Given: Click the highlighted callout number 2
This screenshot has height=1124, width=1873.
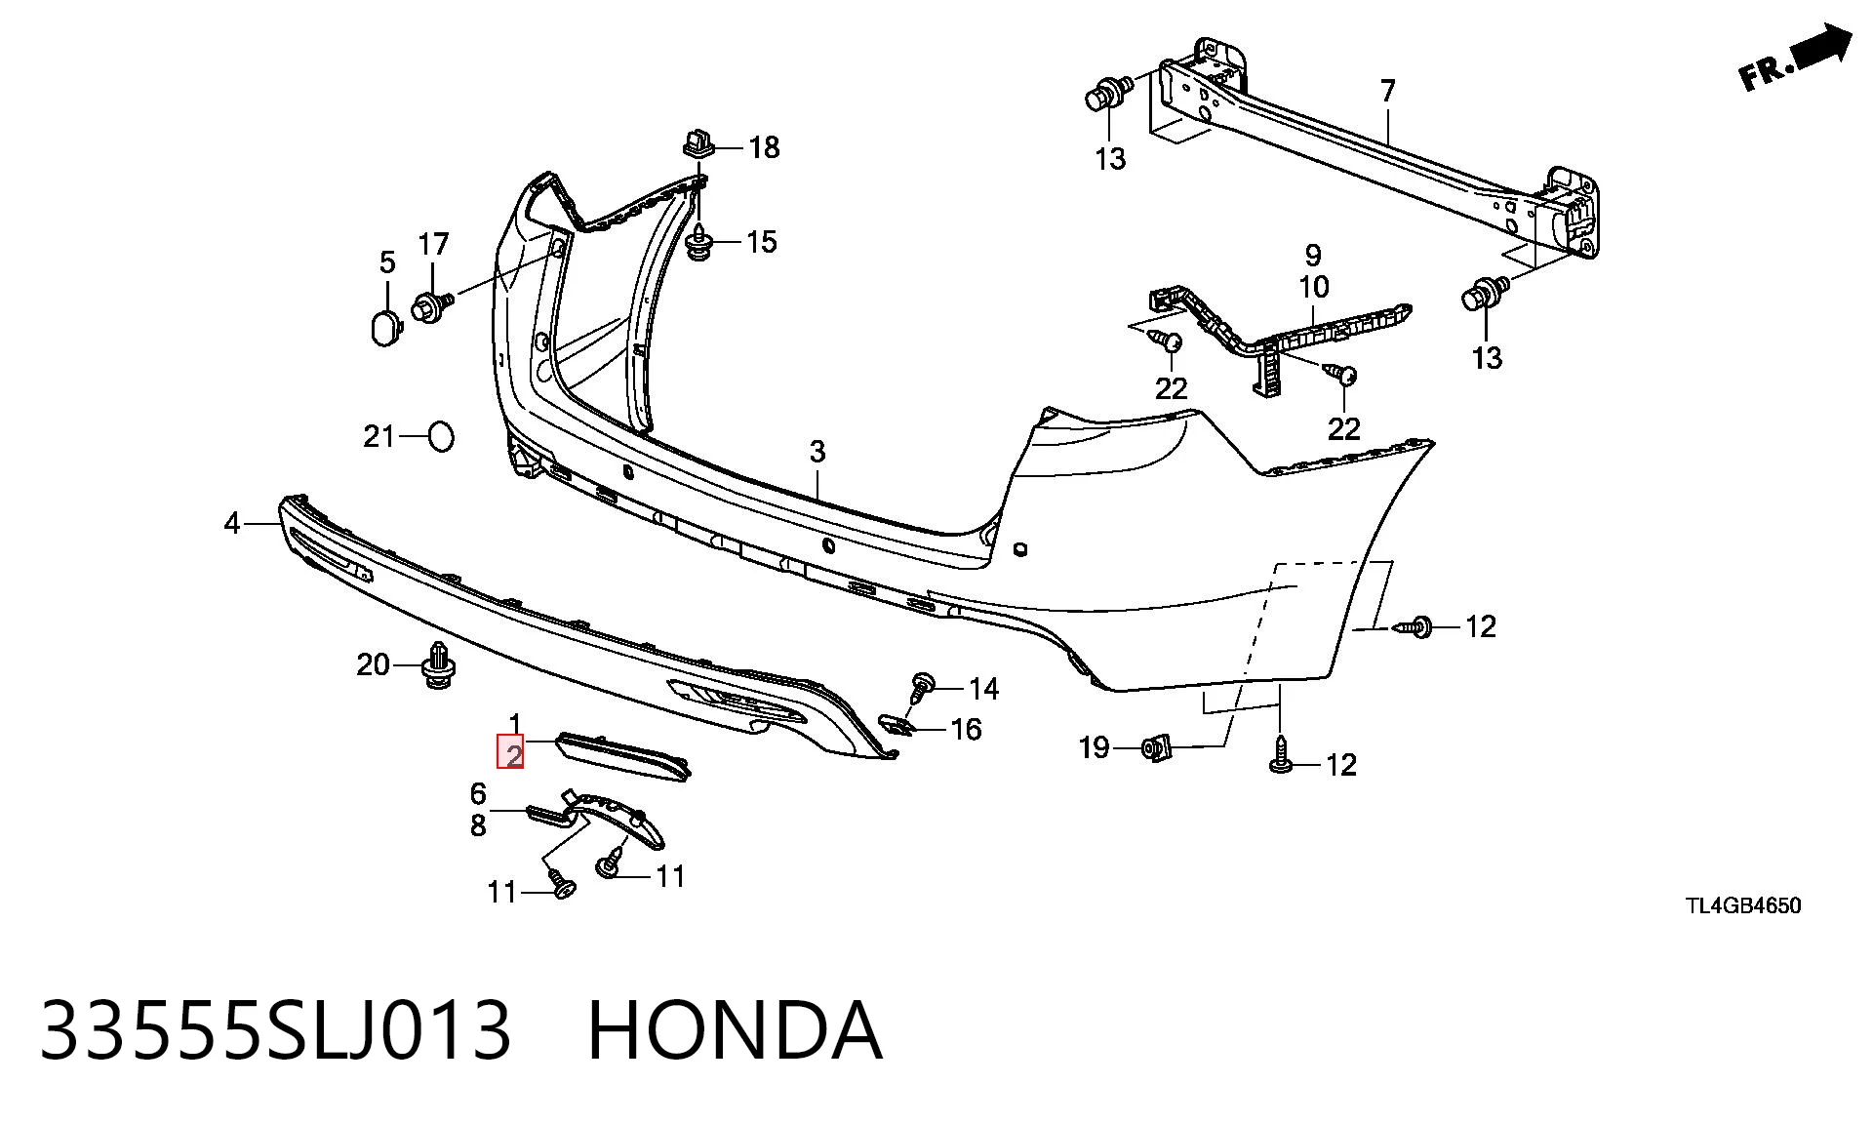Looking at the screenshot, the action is click(x=511, y=751).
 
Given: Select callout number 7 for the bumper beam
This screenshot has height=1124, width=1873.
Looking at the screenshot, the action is click(x=1388, y=92).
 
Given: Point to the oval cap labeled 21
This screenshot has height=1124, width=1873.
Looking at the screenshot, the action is click(x=441, y=436).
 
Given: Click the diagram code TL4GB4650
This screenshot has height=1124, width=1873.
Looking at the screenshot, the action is click(x=1743, y=905).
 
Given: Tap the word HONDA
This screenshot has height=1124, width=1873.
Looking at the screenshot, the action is click(x=735, y=1031).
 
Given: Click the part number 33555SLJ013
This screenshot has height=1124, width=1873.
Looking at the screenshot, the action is click(x=275, y=1031).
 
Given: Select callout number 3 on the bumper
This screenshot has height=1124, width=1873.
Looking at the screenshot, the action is click(x=817, y=452).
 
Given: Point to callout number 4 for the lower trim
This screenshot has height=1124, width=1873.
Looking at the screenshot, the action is click(x=231, y=524).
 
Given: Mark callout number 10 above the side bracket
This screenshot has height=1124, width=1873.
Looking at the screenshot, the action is click(x=1314, y=288).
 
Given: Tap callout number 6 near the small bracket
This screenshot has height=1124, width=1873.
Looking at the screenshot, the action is click(x=478, y=793).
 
